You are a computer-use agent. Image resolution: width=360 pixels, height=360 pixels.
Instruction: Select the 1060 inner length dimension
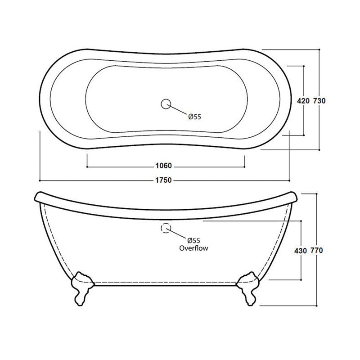(x=165, y=165)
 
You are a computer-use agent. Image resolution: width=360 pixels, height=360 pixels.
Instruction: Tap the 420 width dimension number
(x=303, y=101)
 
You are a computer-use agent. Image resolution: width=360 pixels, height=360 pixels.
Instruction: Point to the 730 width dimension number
(x=319, y=101)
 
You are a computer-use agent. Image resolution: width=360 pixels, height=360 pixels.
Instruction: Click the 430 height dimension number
(x=301, y=250)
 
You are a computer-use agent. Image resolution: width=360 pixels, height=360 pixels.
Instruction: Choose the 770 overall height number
(x=317, y=250)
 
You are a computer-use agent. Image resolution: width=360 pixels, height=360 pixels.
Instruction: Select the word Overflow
(x=193, y=248)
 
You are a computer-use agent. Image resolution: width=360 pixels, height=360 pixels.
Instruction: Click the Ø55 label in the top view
(x=194, y=117)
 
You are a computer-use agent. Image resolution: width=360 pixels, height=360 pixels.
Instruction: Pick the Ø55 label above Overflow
(x=193, y=241)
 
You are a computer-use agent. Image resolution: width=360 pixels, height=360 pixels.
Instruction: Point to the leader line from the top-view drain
(x=179, y=110)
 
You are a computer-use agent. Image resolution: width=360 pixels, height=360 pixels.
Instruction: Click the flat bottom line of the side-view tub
(x=165, y=284)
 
